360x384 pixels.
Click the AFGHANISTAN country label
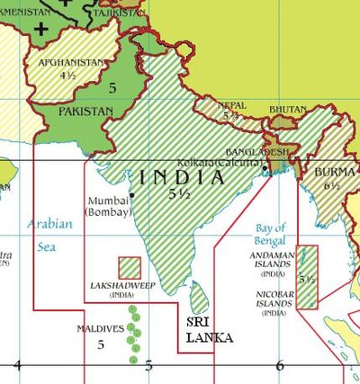click(x=69, y=62)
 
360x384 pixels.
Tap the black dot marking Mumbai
click(x=131, y=195)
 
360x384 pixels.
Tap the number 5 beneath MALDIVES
click(x=101, y=344)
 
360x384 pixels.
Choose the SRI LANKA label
click(x=209, y=329)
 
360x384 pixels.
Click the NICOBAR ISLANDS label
click(x=270, y=298)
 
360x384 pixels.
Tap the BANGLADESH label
click(x=258, y=151)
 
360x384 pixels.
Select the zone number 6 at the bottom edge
click(x=279, y=365)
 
